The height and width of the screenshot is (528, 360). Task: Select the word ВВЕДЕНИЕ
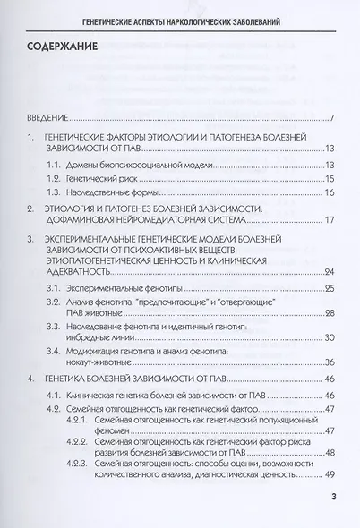click(46, 118)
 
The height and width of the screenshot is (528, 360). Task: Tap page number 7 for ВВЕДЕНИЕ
click(331, 118)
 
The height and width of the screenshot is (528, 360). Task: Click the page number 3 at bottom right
click(332, 497)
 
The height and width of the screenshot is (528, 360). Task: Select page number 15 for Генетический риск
click(329, 179)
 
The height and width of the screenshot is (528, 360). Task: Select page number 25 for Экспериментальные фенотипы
click(329, 287)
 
